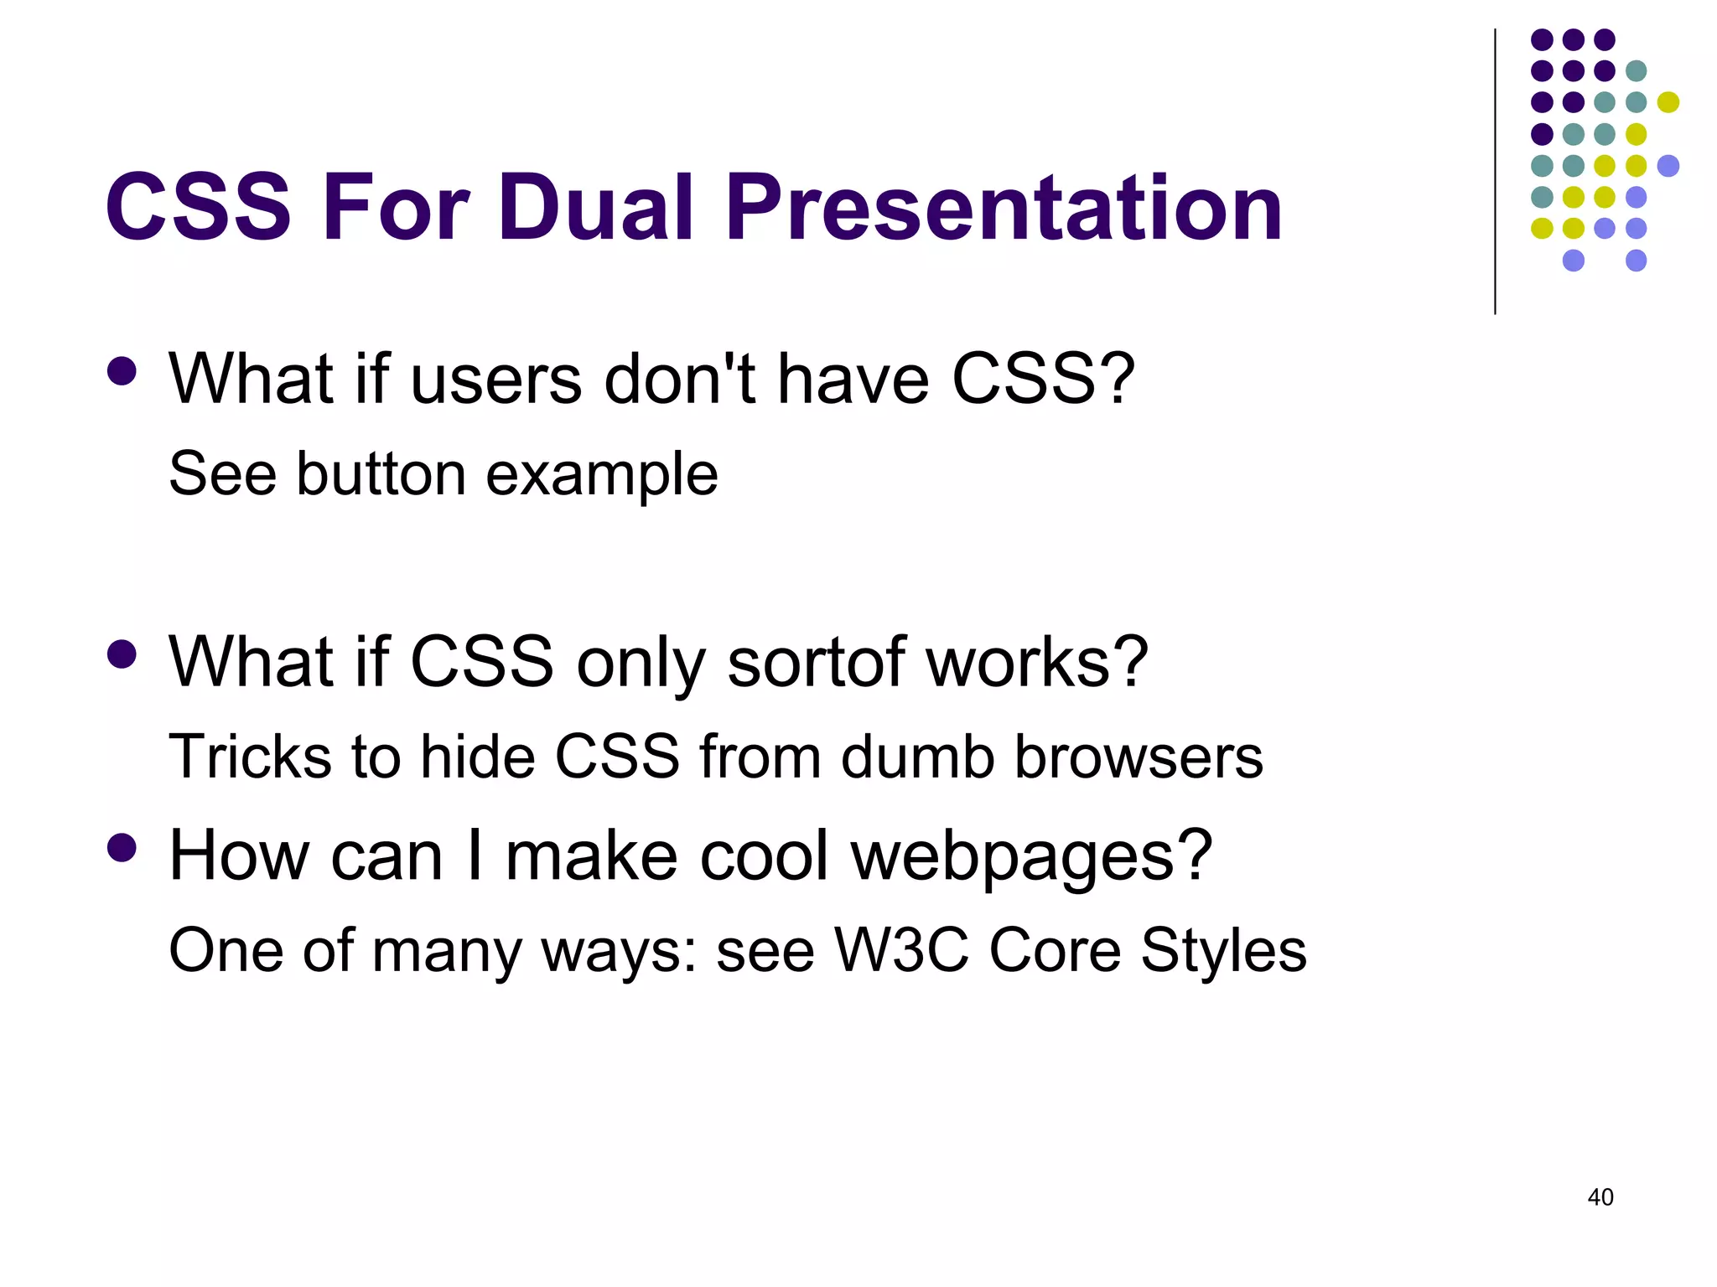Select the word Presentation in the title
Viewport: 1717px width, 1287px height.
click(x=1004, y=207)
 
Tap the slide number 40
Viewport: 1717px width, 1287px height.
click(x=1600, y=1197)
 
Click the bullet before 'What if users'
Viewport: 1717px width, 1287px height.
click(x=122, y=371)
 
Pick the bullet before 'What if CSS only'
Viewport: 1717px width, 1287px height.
click(x=122, y=654)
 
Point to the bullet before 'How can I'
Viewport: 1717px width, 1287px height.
click(x=122, y=847)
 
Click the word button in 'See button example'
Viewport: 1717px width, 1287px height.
click(x=381, y=474)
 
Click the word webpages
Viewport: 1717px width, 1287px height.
click(x=1031, y=856)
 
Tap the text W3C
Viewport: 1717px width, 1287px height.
click(x=901, y=950)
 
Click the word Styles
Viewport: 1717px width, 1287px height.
click(x=1223, y=952)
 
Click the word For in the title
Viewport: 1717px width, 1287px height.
click(x=395, y=207)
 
